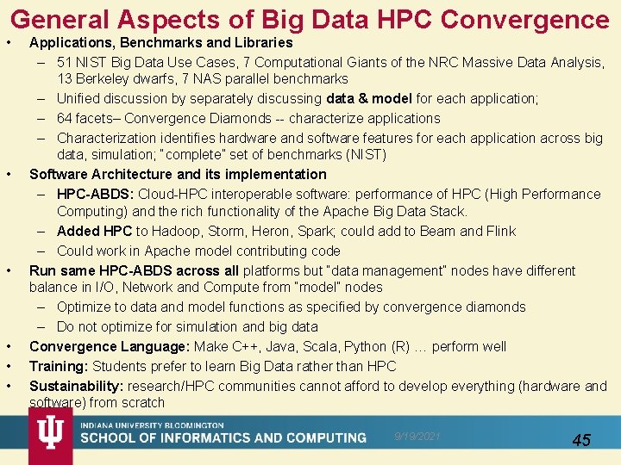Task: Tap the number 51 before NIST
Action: click(x=65, y=62)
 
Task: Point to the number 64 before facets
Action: click(x=65, y=118)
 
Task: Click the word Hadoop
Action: click(x=178, y=231)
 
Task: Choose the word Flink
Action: click(x=497, y=231)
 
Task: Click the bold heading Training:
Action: click(x=59, y=366)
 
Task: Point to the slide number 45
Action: click(x=581, y=440)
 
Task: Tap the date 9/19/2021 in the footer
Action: click(x=417, y=437)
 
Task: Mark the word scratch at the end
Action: click(x=143, y=402)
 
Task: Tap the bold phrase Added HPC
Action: click(x=94, y=231)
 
